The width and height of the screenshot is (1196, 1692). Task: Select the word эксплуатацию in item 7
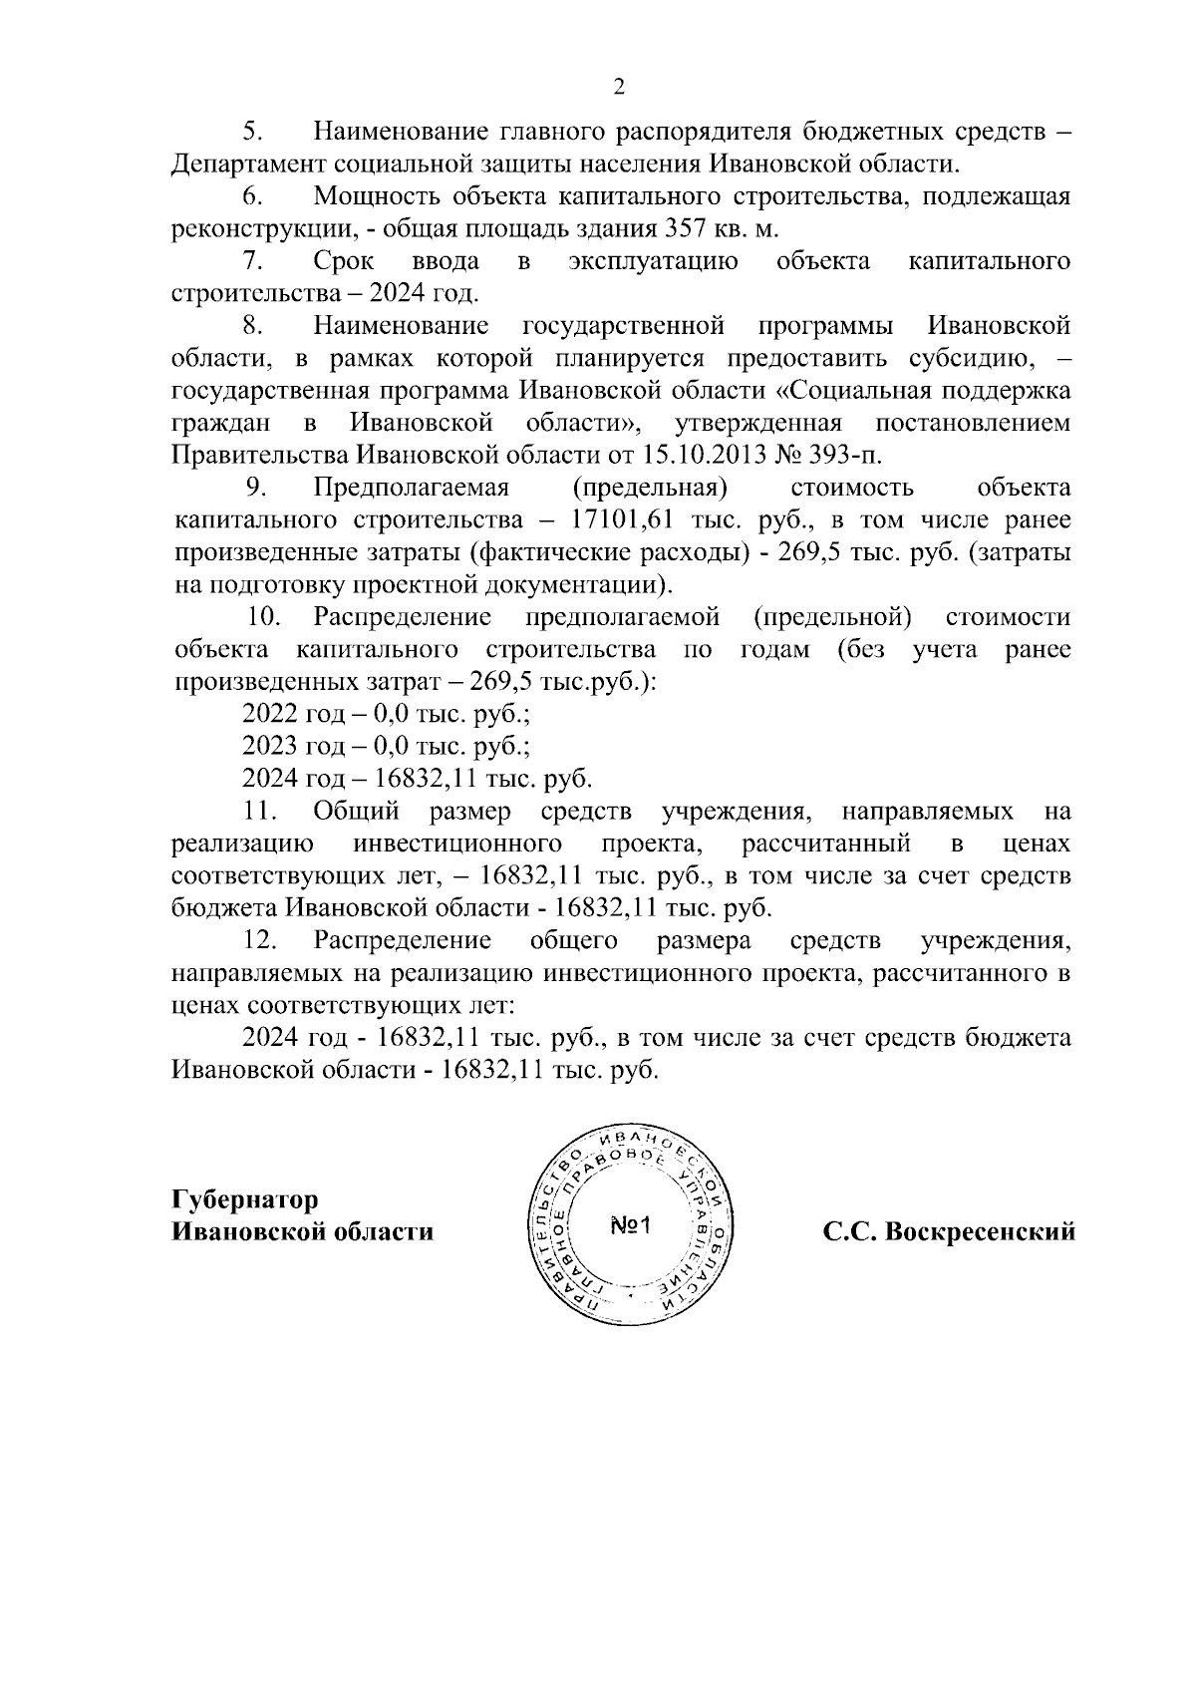tap(653, 262)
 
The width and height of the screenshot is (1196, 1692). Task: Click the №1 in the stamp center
tap(630, 1226)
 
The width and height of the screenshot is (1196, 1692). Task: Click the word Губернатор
tap(245, 1199)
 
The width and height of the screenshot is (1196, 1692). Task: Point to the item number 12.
tap(260, 941)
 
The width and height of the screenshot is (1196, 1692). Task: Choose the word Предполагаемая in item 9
tap(411, 489)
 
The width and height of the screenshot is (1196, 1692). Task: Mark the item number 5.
tap(251, 133)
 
